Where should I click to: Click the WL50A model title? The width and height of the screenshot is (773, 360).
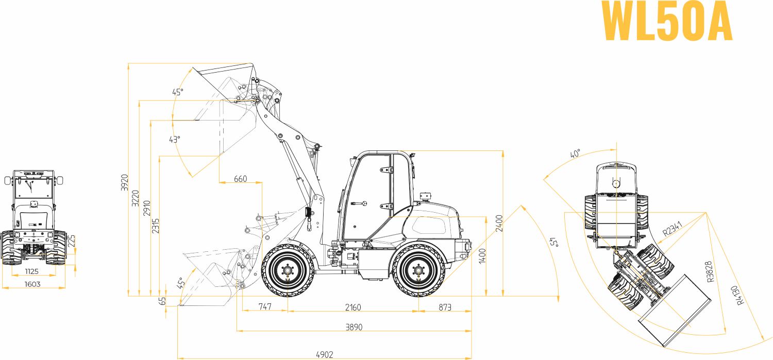(667, 22)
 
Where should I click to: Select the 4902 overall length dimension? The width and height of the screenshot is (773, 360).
(325, 354)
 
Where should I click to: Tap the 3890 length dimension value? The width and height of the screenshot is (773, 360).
(354, 327)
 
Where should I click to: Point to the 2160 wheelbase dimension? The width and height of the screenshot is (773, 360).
(353, 307)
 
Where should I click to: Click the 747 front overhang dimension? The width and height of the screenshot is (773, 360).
(264, 307)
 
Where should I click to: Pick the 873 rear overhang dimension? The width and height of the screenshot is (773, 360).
(444, 307)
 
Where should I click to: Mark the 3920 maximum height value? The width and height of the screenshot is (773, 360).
(124, 182)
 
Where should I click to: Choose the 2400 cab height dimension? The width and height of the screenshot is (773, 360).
(499, 222)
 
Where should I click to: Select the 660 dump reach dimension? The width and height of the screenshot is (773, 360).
(240, 179)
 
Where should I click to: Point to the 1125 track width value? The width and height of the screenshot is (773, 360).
(32, 271)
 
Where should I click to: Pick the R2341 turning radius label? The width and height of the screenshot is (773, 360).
(673, 228)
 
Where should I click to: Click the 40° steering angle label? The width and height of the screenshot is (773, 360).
(575, 154)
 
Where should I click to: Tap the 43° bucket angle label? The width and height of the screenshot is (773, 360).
(175, 139)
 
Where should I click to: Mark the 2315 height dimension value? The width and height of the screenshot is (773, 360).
(156, 226)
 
